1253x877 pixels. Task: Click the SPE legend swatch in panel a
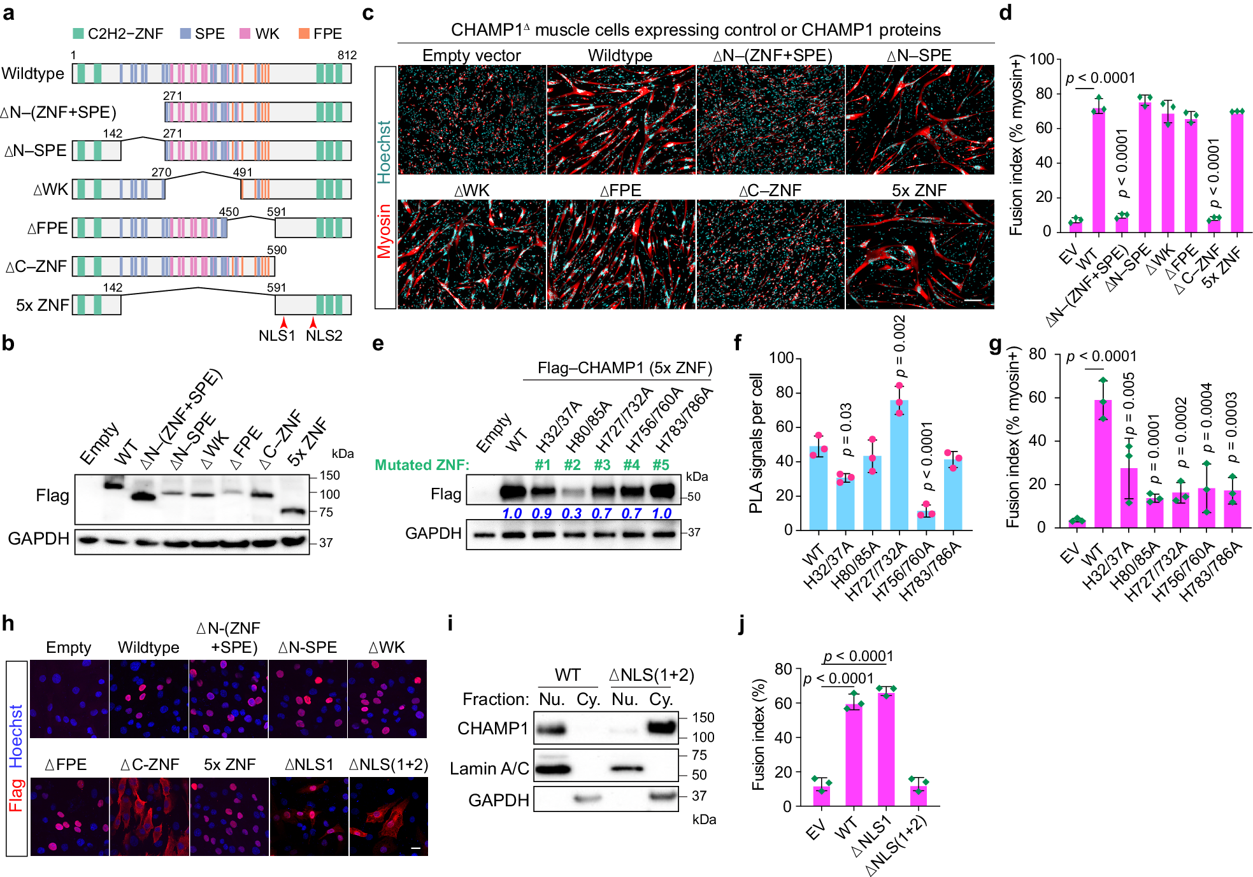(x=185, y=34)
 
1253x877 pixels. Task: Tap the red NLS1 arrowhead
(x=284, y=323)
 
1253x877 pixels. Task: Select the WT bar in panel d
(x=1099, y=172)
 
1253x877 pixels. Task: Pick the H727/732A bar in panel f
(x=899, y=465)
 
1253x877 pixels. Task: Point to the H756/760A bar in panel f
(x=926, y=520)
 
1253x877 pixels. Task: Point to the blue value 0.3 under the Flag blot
(x=571, y=513)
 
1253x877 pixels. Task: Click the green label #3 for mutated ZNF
(x=602, y=465)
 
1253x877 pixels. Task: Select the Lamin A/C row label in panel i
(x=489, y=769)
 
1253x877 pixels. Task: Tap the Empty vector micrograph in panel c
(x=472, y=120)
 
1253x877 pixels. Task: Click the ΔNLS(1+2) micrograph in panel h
(x=389, y=816)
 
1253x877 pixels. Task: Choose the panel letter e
(x=378, y=344)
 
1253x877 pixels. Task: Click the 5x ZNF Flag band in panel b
(x=294, y=511)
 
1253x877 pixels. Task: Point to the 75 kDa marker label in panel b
(x=326, y=512)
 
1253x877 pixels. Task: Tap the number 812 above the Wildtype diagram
(x=347, y=55)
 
